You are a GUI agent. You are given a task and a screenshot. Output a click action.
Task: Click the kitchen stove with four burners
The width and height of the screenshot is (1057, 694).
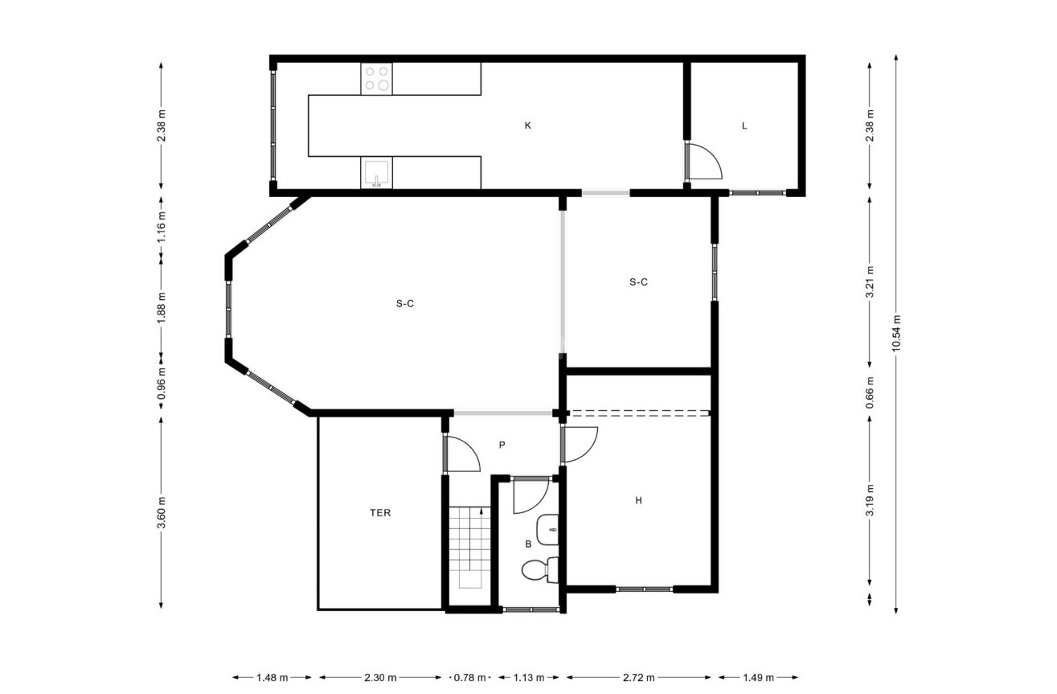click(x=376, y=78)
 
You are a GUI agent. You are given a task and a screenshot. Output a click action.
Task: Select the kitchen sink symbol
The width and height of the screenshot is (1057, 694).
click(x=376, y=173)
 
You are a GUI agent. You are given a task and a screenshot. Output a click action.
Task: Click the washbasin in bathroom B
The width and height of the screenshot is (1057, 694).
click(x=551, y=528)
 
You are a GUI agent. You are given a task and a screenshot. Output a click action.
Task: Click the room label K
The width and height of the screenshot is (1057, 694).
click(x=528, y=125)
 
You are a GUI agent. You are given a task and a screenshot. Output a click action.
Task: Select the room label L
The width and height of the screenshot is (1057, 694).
click(x=744, y=125)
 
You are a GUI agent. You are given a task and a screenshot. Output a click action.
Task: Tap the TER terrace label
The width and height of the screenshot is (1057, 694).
click(x=380, y=513)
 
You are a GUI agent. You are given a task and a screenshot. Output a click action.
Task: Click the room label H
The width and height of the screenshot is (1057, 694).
click(x=638, y=501)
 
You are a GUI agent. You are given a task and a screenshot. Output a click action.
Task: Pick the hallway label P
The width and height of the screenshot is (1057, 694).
click(x=502, y=445)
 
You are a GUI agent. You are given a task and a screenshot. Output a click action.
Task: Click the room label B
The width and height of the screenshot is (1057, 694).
click(x=528, y=544)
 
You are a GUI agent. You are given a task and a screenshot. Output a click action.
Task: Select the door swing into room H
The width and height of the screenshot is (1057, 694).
click(x=580, y=444)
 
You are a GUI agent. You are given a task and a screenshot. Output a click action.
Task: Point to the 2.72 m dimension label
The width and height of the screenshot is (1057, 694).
click(x=638, y=677)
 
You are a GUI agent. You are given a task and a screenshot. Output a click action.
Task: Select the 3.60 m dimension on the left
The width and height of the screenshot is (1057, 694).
click(x=162, y=513)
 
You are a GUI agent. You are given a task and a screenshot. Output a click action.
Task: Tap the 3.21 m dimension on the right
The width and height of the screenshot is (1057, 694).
click(x=870, y=282)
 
